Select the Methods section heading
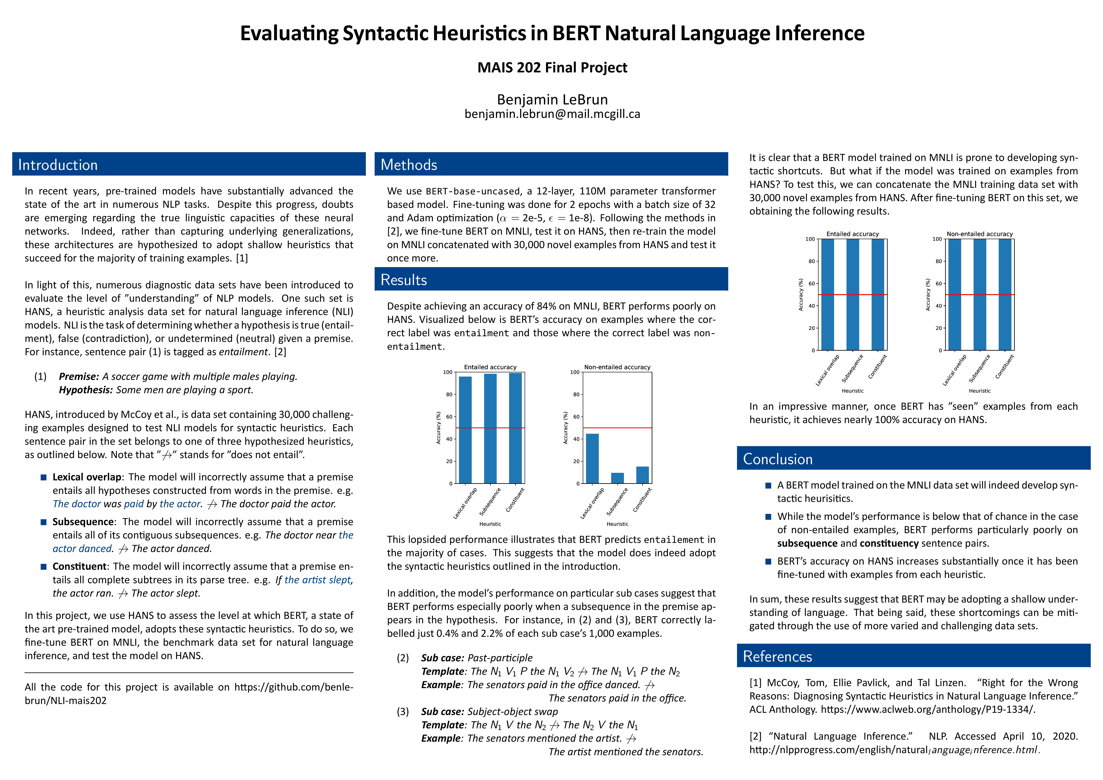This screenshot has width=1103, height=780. (x=409, y=165)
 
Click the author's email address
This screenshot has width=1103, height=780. (x=552, y=114)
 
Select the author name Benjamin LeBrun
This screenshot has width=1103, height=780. (x=552, y=99)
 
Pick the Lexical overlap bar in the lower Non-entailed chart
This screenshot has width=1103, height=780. (x=592, y=459)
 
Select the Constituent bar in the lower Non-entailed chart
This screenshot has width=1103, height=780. (x=642, y=475)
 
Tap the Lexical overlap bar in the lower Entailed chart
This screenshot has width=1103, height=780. (x=465, y=430)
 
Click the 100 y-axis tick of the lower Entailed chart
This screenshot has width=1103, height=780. (x=447, y=372)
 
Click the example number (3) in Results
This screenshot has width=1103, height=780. (x=403, y=711)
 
